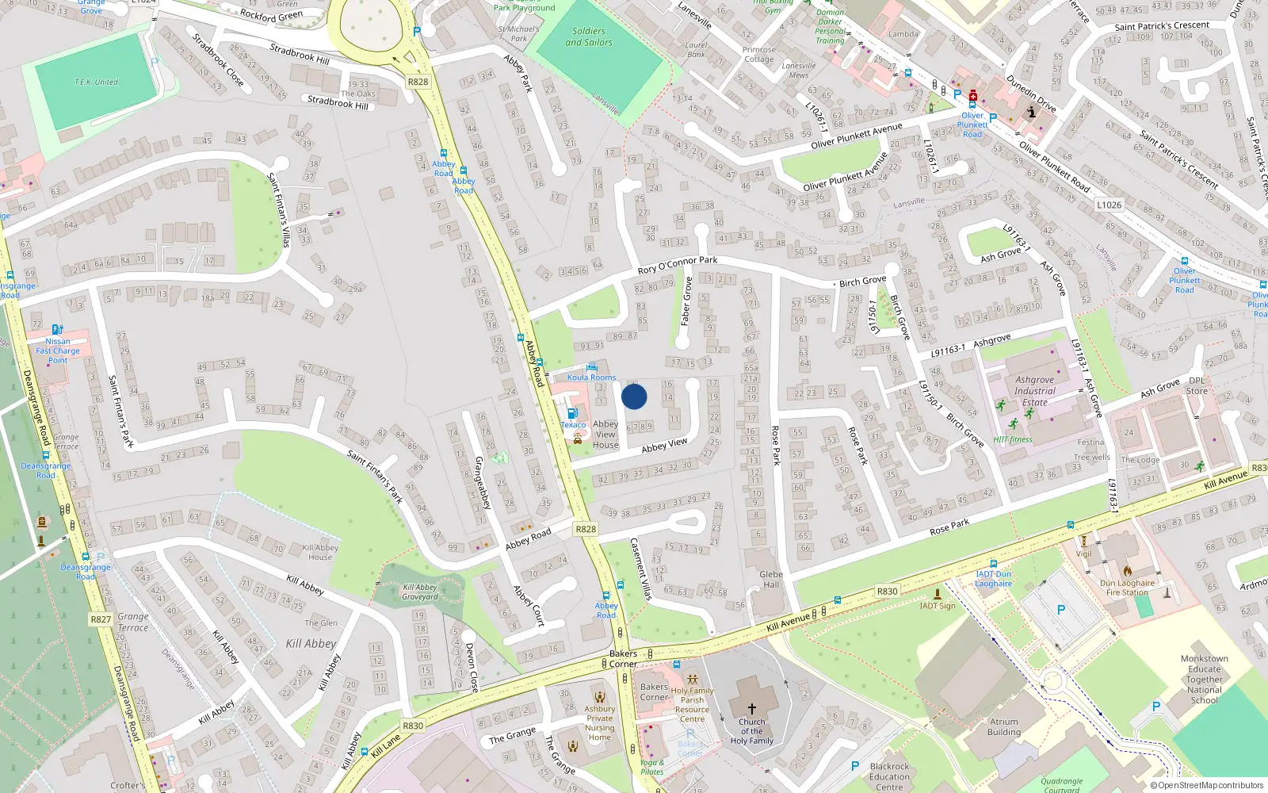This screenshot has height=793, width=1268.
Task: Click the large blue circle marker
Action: click(x=634, y=396)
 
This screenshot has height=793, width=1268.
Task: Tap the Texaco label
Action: click(x=573, y=425)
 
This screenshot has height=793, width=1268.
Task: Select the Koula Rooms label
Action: click(x=591, y=377)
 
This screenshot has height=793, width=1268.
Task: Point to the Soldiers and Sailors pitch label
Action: click(x=589, y=36)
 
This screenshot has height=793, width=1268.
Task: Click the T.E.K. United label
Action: click(x=96, y=82)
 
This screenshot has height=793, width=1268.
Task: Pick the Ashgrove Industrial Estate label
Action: click(x=1035, y=391)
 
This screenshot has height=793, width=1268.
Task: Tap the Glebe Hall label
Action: click(x=771, y=579)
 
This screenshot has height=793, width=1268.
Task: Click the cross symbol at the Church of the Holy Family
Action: click(x=751, y=708)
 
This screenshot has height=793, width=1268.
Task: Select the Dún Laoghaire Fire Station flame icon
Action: click(x=1127, y=570)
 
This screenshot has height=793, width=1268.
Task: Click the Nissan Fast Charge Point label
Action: click(x=58, y=351)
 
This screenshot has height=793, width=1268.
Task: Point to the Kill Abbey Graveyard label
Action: click(x=420, y=592)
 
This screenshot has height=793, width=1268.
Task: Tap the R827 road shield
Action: click(x=101, y=619)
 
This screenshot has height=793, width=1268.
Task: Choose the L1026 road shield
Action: click(x=1109, y=205)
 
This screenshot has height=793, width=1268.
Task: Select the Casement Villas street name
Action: click(x=640, y=569)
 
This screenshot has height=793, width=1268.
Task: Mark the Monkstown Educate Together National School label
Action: click(x=1204, y=680)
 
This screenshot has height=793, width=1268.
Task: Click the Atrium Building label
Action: click(x=1004, y=727)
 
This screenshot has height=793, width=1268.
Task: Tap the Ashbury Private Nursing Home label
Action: click(x=600, y=723)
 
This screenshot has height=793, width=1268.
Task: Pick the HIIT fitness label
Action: click(x=1013, y=439)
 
